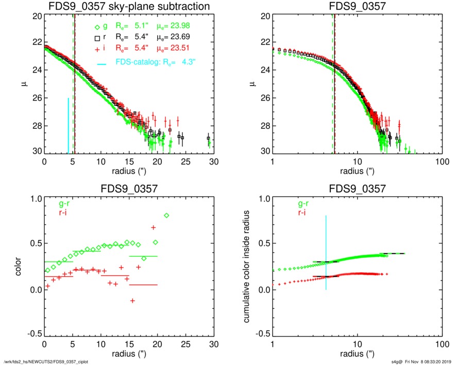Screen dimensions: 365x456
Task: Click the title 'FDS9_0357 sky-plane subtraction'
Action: pos(129,7)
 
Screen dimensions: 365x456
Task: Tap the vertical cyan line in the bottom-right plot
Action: pos(326,253)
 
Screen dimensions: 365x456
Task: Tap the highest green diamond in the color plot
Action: pos(166,215)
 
